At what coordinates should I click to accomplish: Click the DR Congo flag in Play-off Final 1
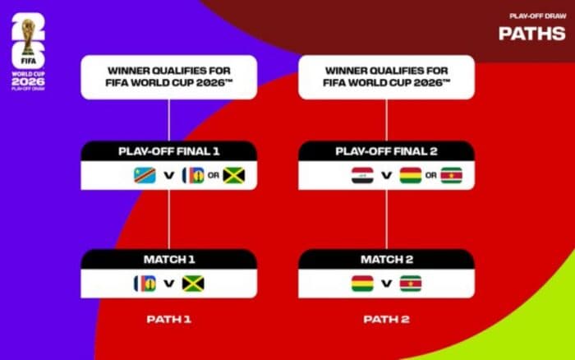coord(145,175)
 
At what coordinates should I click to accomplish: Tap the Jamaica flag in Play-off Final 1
coord(234,175)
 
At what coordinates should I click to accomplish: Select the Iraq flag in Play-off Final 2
coord(361,175)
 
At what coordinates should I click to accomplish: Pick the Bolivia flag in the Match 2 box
coord(361,284)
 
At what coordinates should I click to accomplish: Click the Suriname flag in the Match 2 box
coord(410,284)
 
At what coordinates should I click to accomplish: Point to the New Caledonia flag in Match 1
coord(145,284)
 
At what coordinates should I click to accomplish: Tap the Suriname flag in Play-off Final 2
coord(451,175)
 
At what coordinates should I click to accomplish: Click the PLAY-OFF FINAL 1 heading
coord(168,151)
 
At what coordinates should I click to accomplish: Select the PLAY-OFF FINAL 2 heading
coord(386,151)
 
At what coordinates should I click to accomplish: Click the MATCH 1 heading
coord(168,260)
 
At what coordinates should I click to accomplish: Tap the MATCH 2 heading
coord(386,260)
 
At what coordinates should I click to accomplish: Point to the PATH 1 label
coord(168,319)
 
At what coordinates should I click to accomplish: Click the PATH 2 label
coord(386,319)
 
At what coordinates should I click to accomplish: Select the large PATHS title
coord(531,33)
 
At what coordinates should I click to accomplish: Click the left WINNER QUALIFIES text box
coord(168,77)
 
